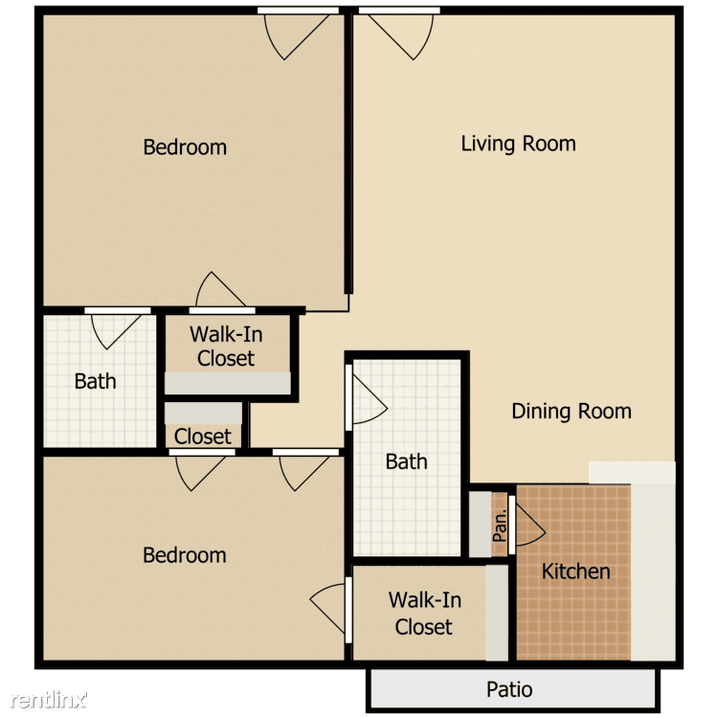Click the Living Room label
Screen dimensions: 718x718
(518, 144)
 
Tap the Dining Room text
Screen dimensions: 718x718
(572, 411)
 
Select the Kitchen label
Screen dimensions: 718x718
(576, 571)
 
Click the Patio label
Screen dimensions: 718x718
(509, 689)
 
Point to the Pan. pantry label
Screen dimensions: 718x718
(500, 526)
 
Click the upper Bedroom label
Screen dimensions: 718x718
(185, 147)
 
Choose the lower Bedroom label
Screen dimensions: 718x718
(185, 555)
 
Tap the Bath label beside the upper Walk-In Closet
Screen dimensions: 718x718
(95, 381)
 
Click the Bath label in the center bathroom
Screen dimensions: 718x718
(407, 461)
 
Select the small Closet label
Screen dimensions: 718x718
(203, 436)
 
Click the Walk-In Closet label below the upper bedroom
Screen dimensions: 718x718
(226, 347)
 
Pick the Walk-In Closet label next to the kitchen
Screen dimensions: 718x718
(424, 613)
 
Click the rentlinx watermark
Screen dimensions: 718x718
(49, 699)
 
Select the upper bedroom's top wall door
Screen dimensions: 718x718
(297, 34)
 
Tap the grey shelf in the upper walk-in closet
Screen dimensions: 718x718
(228, 383)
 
